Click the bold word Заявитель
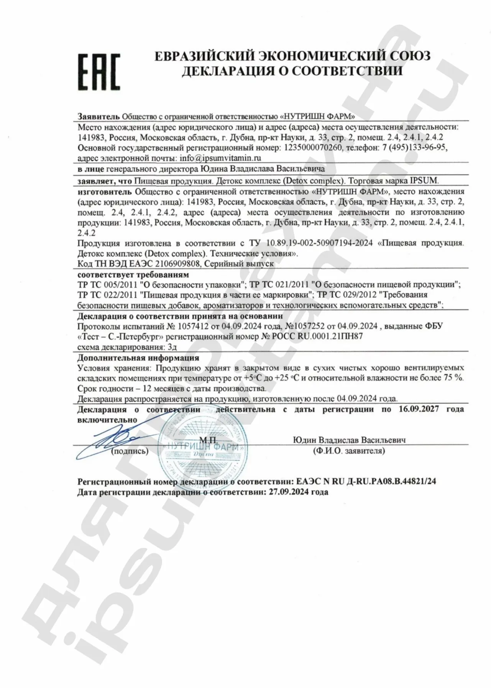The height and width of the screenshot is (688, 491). pos(99,116)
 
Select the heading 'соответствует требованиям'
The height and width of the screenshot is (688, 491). pos(133,275)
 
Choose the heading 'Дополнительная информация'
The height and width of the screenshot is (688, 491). pos(138,358)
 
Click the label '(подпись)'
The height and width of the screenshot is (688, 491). pos(130,451)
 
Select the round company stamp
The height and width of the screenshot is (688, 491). pos(202,447)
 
